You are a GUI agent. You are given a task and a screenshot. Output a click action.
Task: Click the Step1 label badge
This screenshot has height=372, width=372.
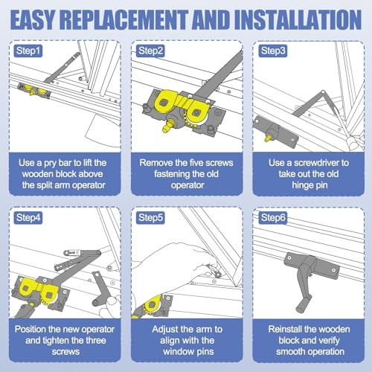click(x=28, y=51)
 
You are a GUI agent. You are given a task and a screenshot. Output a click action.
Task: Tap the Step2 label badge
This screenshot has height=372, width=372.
click(x=150, y=51)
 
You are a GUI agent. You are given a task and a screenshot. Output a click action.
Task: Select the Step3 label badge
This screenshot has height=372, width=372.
click(x=273, y=51)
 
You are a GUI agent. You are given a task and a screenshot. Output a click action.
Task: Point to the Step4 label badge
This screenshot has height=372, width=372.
click(x=28, y=218)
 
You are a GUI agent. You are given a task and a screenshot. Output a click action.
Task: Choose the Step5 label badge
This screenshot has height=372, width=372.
click(x=150, y=218)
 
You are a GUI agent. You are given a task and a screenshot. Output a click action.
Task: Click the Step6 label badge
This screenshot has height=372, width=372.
click(x=273, y=218)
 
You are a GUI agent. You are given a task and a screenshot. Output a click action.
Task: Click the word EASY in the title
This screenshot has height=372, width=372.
click(x=32, y=20)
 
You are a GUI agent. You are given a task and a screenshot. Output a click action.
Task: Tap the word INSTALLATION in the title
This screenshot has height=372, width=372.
click(x=298, y=20)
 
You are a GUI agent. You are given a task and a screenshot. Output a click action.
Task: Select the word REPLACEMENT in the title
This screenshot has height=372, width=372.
click(x=124, y=20)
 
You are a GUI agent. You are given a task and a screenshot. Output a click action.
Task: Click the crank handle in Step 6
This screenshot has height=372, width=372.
click(x=306, y=288)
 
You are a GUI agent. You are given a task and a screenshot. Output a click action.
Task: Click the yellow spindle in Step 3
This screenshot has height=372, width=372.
click(x=268, y=138)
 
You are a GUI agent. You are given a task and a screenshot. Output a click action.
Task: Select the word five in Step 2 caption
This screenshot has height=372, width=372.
click(x=195, y=163)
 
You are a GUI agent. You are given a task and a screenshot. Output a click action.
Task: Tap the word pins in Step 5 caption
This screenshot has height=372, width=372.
click(x=205, y=352)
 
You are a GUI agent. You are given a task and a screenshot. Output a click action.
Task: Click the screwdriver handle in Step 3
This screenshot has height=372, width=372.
click(x=355, y=141)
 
